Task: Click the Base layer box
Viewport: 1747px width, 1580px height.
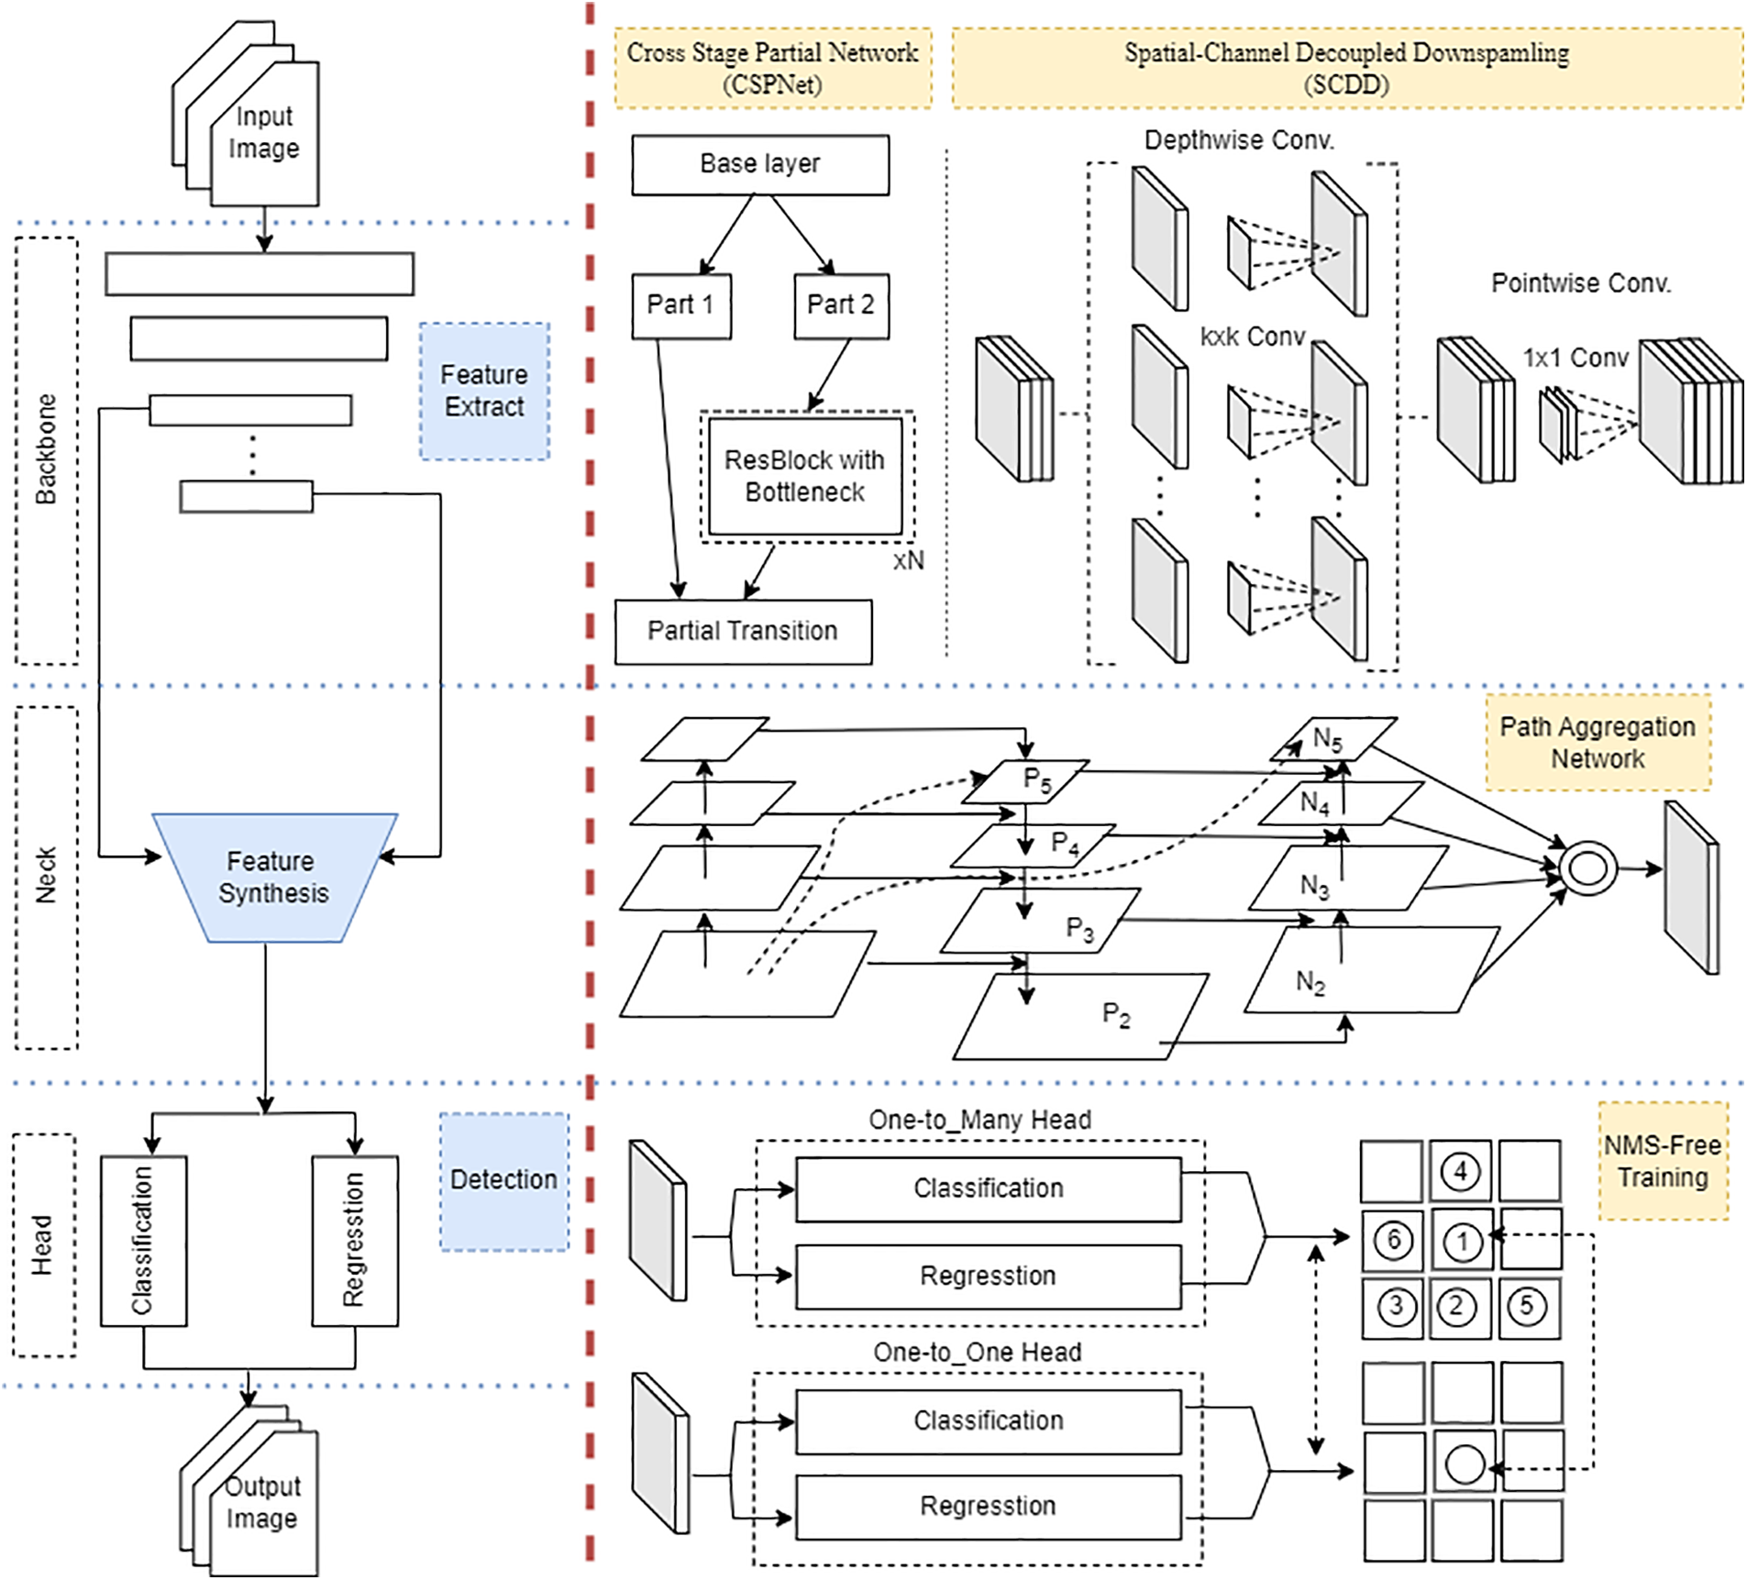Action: [x=759, y=164]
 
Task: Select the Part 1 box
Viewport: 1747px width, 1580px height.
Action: [x=680, y=305]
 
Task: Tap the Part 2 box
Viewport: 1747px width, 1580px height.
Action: [x=840, y=305]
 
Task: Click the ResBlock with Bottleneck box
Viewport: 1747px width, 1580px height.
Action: [x=804, y=476]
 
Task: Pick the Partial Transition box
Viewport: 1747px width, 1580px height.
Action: [x=743, y=631]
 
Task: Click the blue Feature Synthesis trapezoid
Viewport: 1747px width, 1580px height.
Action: [x=273, y=878]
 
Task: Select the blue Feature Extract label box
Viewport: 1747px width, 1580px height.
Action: [x=484, y=391]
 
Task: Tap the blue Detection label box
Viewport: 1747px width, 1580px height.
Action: [x=503, y=1180]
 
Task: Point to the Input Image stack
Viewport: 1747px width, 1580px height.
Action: [x=263, y=133]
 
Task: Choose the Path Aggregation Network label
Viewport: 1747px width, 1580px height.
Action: [x=1597, y=743]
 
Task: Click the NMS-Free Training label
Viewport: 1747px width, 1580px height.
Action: [x=1662, y=1161]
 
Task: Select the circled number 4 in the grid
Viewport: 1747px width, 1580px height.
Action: [x=1460, y=1171]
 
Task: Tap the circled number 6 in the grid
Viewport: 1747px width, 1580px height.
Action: [x=1392, y=1240]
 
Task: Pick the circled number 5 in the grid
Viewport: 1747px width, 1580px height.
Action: [x=1527, y=1306]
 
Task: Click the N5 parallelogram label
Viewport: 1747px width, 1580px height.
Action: [x=1328, y=739]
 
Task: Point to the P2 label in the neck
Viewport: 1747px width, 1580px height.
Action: [x=1116, y=1014]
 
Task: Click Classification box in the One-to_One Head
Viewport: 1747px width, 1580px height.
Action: [x=988, y=1420]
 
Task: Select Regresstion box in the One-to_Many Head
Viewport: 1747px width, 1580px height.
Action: [x=988, y=1276]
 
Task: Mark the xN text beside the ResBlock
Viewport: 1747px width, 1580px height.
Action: [x=908, y=560]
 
